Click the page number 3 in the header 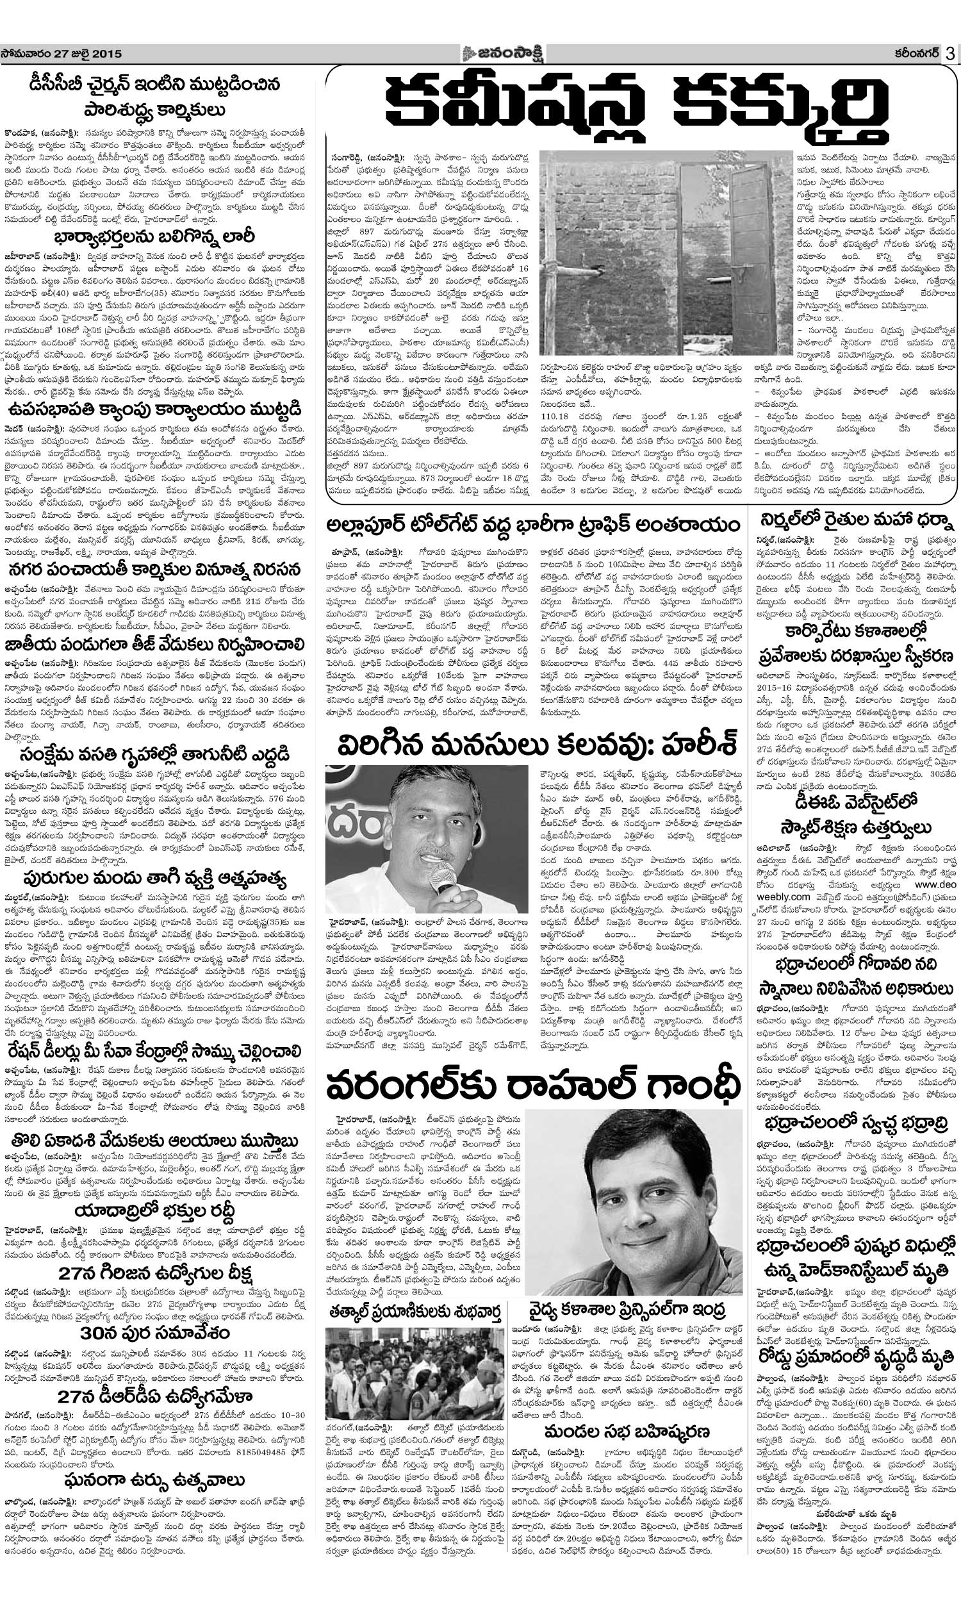tap(949, 54)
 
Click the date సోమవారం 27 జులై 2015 tap(62, 54)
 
